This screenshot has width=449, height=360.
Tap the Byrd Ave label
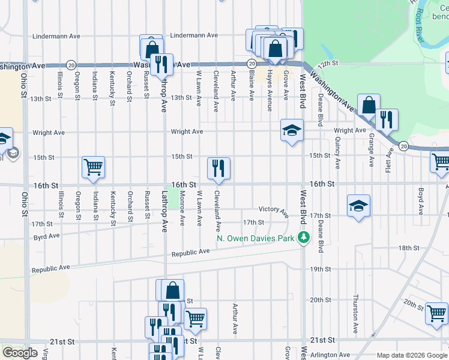coord(46,236)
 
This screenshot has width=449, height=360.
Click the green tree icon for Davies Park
coord(304,238)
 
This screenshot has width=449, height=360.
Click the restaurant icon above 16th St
coord(218,168)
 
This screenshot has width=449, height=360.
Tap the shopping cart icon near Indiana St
coord(93,167)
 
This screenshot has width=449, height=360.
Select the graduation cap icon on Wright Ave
coord(291,130)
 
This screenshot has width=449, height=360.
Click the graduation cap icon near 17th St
coord(359,206)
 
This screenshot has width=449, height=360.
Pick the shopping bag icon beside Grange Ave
coord(369,105)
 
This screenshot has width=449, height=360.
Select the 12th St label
coord(329,63)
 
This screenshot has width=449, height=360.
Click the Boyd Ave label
coord(421,200)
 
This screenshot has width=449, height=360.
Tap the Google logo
coord(20,353)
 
